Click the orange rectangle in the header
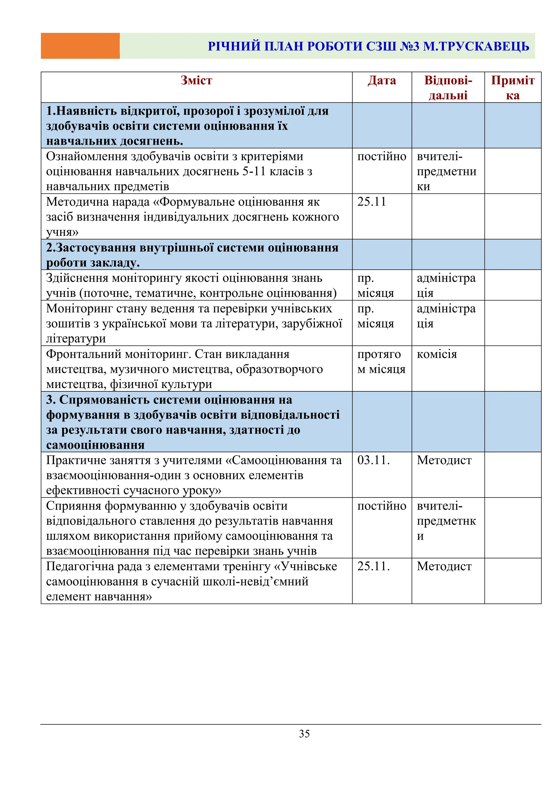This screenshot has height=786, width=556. point(80,46)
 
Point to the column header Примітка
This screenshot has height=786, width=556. point(513,88)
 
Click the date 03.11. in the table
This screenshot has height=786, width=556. point(374,460)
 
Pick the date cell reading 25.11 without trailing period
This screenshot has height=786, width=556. point(371,202)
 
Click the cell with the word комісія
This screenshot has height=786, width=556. point(437,354)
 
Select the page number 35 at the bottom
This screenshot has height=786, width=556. point(304,734)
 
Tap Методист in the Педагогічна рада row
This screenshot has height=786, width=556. point(444,566)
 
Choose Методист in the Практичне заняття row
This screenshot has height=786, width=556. point(444,460)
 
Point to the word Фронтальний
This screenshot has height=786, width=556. point(84,354)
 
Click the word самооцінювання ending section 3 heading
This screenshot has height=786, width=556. point(95,445)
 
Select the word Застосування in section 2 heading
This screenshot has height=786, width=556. point(96,248)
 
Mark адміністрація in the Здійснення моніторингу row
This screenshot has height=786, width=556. point(446,286)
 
